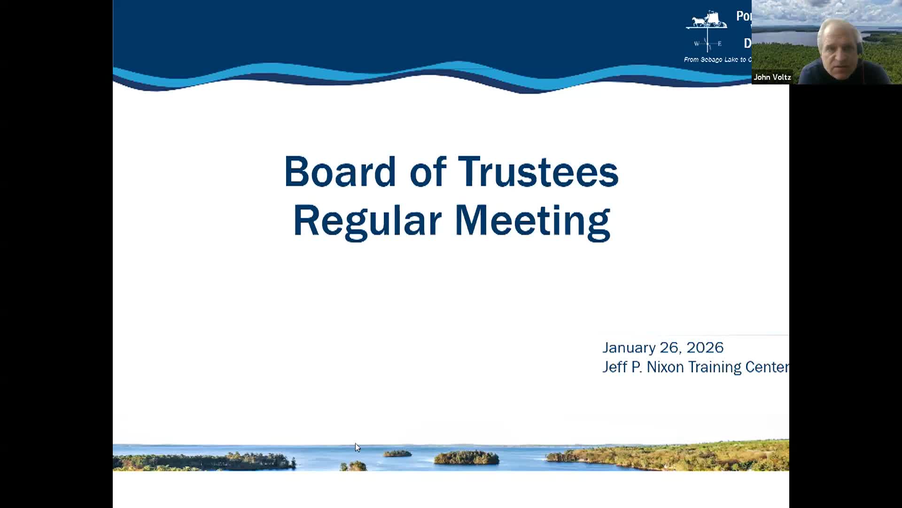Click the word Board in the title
(340, 172)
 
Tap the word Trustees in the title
(538, 172)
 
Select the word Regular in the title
(367, 221)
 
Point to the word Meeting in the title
(532, 221)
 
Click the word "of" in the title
(428, 172)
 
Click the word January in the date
(629, 348)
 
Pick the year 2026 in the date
(705, 348)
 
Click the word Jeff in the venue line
(614, 367)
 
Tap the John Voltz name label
(772, 77)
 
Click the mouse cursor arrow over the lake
(358, 447)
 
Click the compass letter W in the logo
(697, 44)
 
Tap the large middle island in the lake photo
(466, 457)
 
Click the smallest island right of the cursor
(397, 453)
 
